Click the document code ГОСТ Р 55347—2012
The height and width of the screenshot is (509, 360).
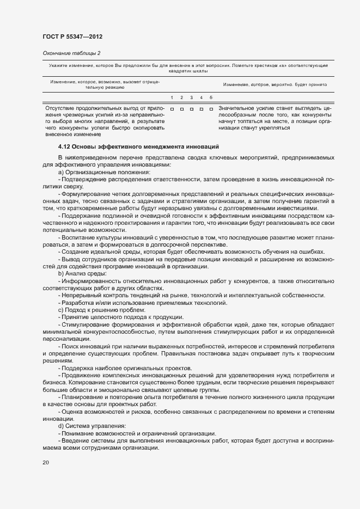(x=72, y=36)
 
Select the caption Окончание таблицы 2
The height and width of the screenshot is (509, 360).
(x=71, y=53)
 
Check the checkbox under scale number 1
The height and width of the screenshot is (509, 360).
(x=172, y=109)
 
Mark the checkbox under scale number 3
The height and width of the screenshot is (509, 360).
(x=192, y=109)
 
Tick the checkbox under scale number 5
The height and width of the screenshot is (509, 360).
(x=211, y=109)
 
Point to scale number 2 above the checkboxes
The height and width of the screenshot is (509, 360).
(x=181, y=97)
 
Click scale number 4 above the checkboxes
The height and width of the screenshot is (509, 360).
(x=201, y=97)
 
